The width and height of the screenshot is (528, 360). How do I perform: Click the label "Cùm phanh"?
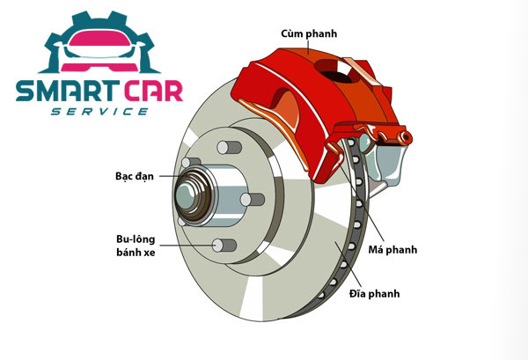tap(309, 33)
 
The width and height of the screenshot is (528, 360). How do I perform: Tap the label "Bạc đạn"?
tap(135, 176)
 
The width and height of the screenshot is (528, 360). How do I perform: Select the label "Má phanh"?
tap(392, 250)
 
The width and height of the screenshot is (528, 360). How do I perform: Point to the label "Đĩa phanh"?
tap(375, 293)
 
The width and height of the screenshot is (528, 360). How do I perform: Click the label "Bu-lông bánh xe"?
tap(136, 246)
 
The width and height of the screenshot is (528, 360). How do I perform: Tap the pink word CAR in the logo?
tap(153, 91)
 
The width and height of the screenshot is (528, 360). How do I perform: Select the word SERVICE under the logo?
tap(99, 112)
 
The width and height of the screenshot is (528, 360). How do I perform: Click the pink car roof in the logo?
tap(99, 38)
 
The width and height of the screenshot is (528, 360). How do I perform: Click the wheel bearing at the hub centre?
tap(194, 195)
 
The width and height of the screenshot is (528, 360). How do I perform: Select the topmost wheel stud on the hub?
tap(230, 148)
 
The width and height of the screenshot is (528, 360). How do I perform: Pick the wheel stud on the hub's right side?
tap(253, 199)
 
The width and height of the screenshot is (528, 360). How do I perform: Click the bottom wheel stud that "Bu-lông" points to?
tap(224, 246)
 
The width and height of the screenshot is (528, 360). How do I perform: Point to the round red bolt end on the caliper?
tap(405, 137)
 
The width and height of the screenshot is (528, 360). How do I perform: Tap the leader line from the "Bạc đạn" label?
tap(170, 176)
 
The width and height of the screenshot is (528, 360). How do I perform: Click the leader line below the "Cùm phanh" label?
tap(308, 47)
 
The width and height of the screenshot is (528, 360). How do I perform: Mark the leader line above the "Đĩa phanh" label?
tap(348, 264)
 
